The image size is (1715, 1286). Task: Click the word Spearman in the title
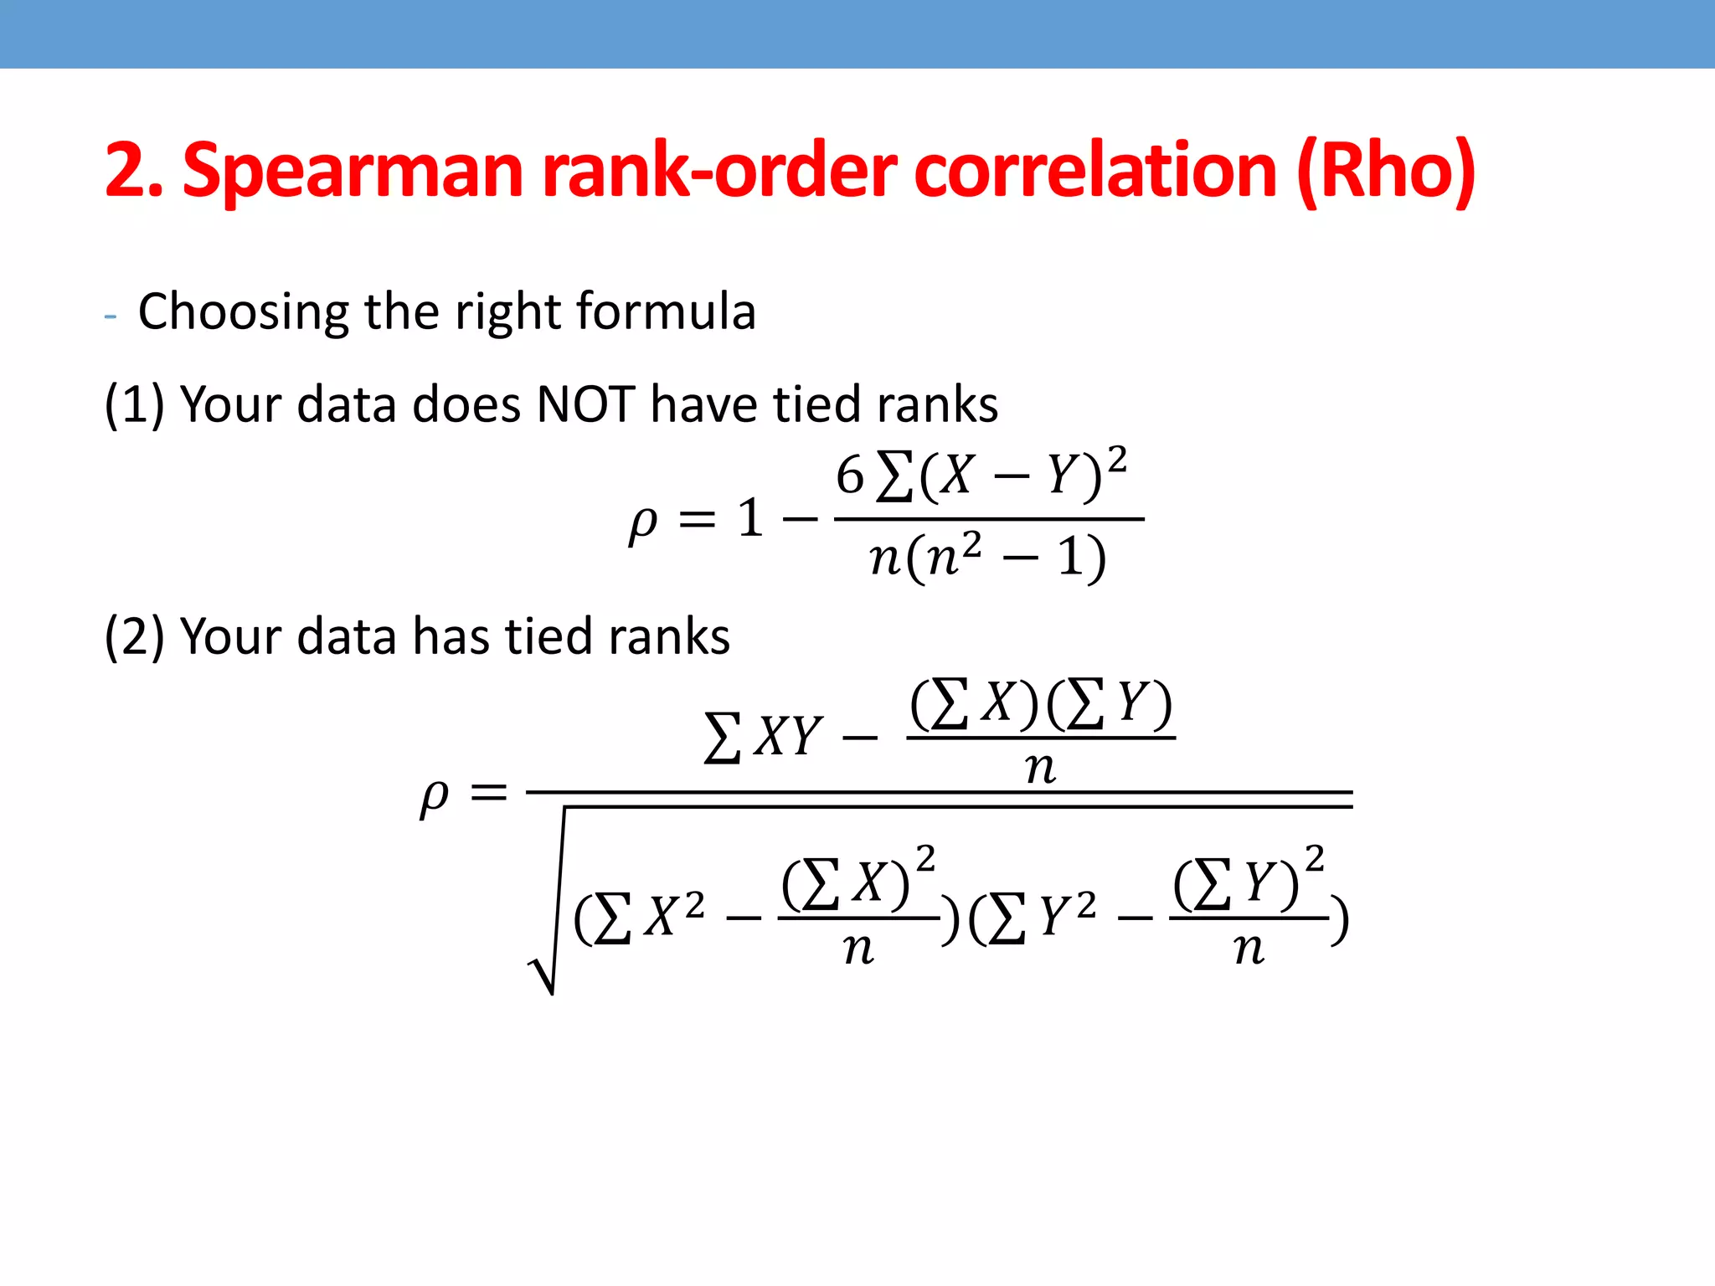353,172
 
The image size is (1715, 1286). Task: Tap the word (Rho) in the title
1385,172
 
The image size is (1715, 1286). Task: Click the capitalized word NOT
585,404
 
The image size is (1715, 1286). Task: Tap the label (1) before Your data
134,404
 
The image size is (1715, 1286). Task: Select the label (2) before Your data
134,636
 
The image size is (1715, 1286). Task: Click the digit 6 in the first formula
849,476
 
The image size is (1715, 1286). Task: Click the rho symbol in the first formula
643,522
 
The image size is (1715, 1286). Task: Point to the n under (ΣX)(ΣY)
1040,767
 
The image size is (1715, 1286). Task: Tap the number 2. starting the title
134,172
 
